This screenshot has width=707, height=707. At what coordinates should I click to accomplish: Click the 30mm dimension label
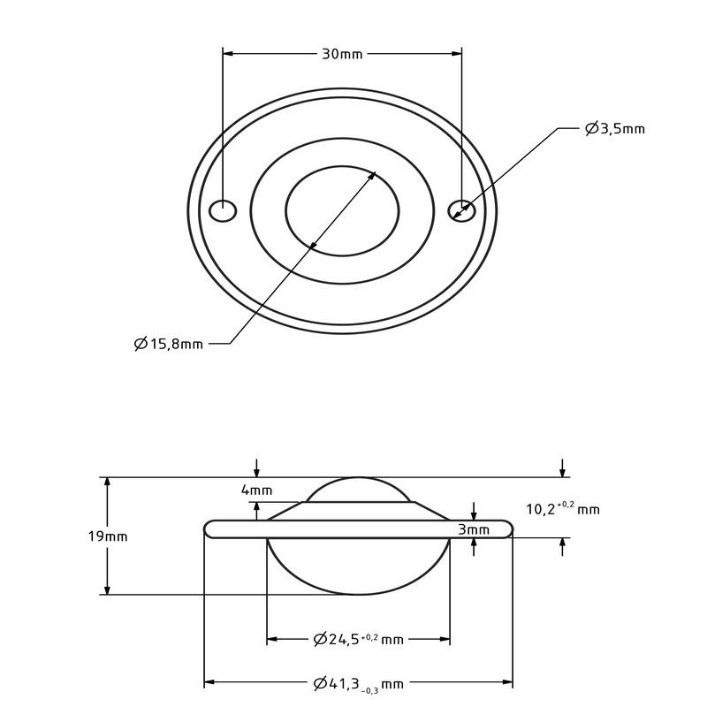point(341,54)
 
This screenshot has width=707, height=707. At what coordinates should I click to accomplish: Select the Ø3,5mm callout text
point(615,129)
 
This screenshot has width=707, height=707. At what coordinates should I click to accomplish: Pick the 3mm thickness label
point(474,529)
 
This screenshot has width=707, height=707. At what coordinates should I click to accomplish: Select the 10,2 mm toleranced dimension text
point(562,508)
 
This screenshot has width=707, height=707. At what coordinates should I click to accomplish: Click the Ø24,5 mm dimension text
point(358,639)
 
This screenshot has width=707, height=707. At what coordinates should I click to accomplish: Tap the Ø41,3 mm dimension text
point(358,683)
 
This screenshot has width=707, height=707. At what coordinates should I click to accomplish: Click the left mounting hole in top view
point(224,211)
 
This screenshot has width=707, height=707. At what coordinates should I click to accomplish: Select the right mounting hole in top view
point(461,210)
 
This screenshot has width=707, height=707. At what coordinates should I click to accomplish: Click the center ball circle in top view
point(342,210)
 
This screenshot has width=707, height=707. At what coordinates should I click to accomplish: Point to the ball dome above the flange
point(358,490)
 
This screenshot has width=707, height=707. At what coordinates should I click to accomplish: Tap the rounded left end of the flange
point(209,528)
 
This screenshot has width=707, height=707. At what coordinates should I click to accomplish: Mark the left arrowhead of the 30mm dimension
point(227,54)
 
